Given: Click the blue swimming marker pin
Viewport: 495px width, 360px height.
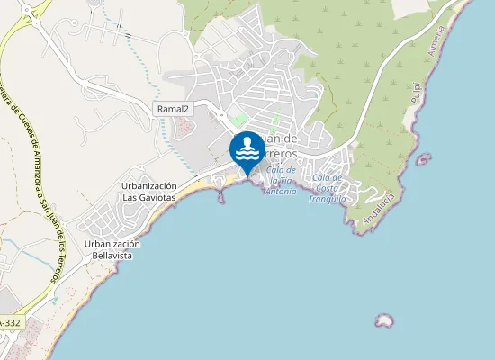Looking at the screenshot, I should click(x=247, y=149).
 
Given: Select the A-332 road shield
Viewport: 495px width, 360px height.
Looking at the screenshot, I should click(x=10, y=321).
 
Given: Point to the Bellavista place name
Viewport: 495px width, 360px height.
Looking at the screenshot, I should click(x=113, y=256).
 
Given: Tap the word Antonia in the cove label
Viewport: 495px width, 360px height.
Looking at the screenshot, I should click(x=281, y=192).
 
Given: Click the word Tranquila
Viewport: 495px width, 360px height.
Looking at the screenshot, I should click(x=327, y=199).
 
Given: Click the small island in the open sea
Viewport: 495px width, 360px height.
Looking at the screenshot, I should click(x=384, y=320).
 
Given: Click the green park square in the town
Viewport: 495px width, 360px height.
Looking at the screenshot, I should click(x=238, y=119).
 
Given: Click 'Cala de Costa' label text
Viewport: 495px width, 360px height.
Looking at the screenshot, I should click(x=327, y=182).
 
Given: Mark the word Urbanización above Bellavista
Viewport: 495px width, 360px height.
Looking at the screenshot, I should click(x=113, y=244).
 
